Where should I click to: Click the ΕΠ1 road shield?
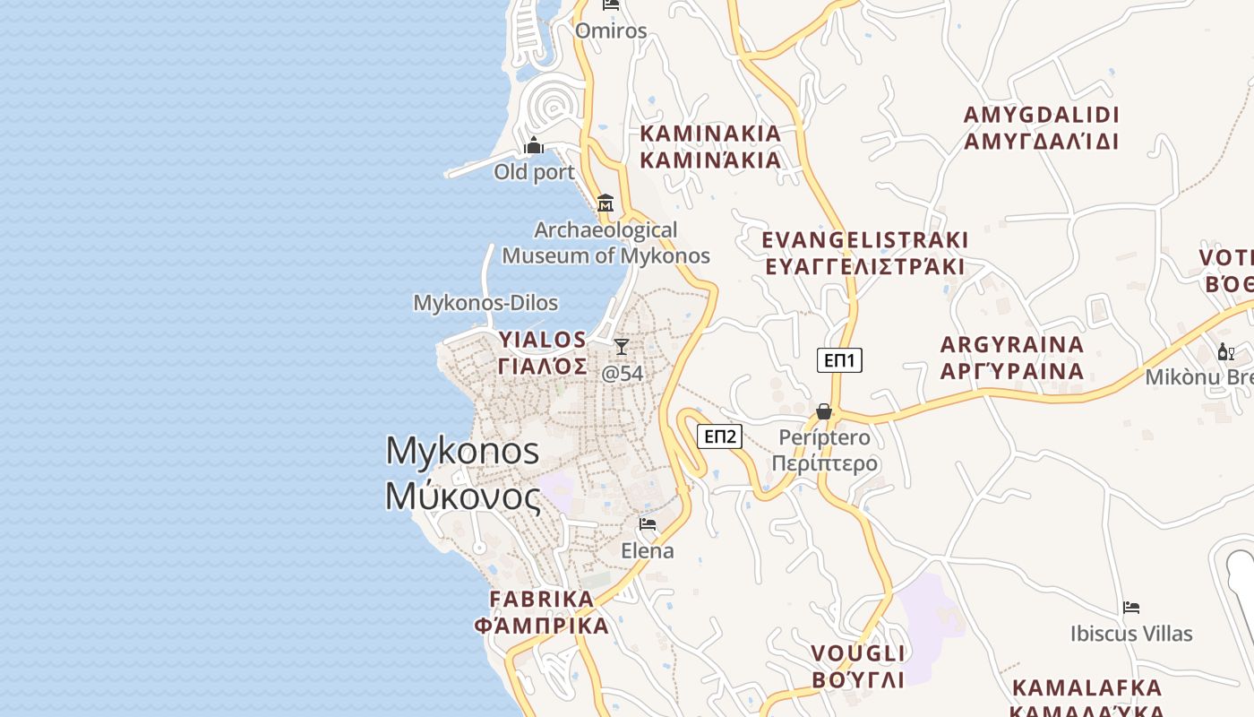click(x=839, y=360)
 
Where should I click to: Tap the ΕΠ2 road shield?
click(x=720, y=436)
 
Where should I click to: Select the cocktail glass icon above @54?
click(x=622, y=346)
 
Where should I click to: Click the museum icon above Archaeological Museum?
click(x=606, y=203)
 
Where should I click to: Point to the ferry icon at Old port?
click(x=534, y=145)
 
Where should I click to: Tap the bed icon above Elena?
click(x=648, y=524)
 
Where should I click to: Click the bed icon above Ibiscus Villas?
click(x=1131, y=608)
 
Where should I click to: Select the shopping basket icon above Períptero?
click(x=824, y=411)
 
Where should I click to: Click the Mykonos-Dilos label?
click(x=485, y=303)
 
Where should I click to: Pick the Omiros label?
click(x=611, y=30)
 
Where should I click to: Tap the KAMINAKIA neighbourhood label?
click(x=710, y=134)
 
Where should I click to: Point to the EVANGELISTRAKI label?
click(x=864, y=240)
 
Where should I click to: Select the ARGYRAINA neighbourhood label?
click(x=1012, y=345)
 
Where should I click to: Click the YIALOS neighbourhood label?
click(x=543, y=340)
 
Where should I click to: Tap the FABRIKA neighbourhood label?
click(x=542, y=599)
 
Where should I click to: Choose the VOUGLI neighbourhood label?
click(x=858, y=652)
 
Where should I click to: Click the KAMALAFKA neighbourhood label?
click(x=1087, y=688)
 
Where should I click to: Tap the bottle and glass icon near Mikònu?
click(x=1225, y=352)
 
